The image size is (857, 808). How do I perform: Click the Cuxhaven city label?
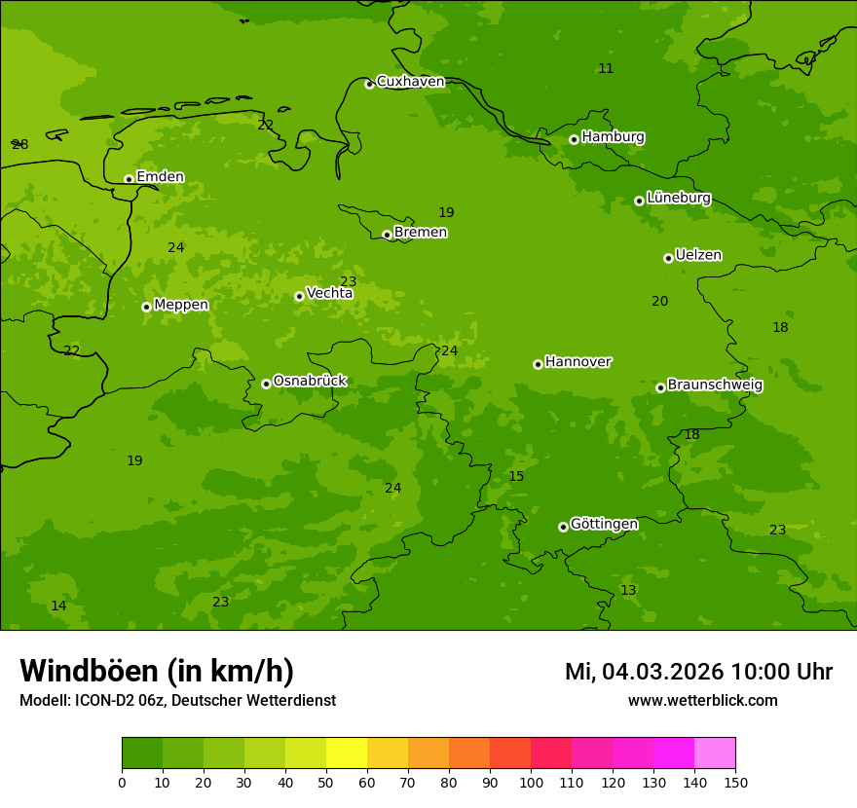(410, 82)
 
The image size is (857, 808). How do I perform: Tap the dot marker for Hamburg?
(574, 139)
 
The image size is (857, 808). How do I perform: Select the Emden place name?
(160, 177)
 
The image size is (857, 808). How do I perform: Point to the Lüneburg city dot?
(639, 201)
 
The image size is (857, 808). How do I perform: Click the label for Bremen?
(421, 233)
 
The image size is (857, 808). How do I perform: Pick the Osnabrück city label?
(310, 382)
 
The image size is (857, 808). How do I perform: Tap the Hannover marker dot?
(538, 364)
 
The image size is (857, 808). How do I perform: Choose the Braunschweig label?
(715, 386)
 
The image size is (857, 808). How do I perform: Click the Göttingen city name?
(604, 525)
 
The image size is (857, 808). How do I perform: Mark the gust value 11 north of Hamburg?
(606, 68)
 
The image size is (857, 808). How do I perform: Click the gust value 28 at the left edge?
(19, 145)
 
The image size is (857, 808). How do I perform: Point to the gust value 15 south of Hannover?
(516, 477)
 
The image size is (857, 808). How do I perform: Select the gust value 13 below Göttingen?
(628, 591)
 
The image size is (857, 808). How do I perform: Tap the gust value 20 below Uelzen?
(659, 302)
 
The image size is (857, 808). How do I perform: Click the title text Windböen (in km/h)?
(157, 671)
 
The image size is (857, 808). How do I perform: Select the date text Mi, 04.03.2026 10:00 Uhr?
(698, 672)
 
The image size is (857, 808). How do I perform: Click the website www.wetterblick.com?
(702, 701)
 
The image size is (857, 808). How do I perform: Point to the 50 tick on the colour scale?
(326, 782)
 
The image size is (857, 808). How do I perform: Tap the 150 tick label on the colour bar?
(735, 782)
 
